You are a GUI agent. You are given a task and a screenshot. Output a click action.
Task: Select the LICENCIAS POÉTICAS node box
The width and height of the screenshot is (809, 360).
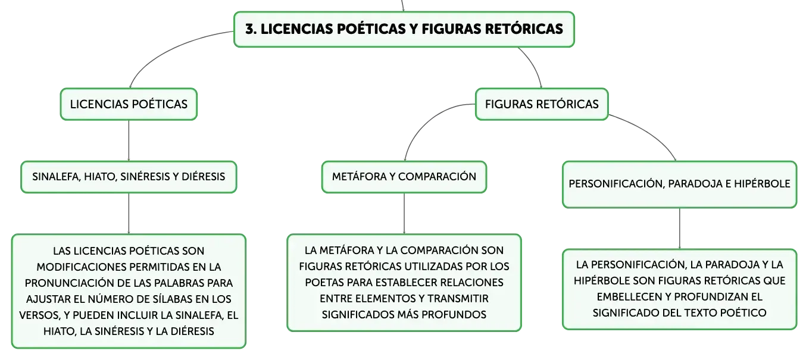pos(129,104)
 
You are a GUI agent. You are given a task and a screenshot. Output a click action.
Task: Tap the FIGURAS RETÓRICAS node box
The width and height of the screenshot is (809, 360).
pos(542,104)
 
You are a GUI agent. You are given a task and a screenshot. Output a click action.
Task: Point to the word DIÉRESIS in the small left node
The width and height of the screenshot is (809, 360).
pos(204,177)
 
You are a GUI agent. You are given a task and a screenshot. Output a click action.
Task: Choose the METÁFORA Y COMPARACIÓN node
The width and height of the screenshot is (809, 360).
pos(404,177)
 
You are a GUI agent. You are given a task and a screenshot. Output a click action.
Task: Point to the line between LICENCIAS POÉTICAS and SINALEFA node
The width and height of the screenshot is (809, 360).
pos(129,140)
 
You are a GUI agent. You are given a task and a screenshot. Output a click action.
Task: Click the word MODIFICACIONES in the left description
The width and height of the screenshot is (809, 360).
pos(82,267)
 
